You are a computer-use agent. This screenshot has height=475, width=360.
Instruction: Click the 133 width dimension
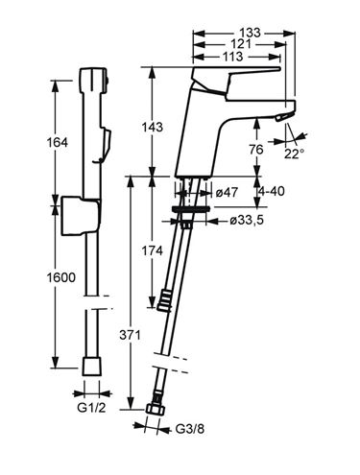[x=251, y=33]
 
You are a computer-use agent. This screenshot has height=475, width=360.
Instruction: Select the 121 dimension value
[x=241, y=44]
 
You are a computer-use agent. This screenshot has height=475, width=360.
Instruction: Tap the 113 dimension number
[x=232, y=57]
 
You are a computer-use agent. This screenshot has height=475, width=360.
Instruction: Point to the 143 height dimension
[x=153, y=127]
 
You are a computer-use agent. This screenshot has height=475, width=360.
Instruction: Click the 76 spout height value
[x=256, y=149]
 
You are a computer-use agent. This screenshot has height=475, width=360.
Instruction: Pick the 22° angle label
[x=294, y=154]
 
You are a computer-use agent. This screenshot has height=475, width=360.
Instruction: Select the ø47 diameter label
[x=227, y=193]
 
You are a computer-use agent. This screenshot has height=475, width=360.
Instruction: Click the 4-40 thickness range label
[x=272, y=191]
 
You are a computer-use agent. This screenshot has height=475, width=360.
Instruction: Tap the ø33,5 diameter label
[x=247, y=220]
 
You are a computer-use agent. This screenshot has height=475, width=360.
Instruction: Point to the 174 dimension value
[x=153, y=250]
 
